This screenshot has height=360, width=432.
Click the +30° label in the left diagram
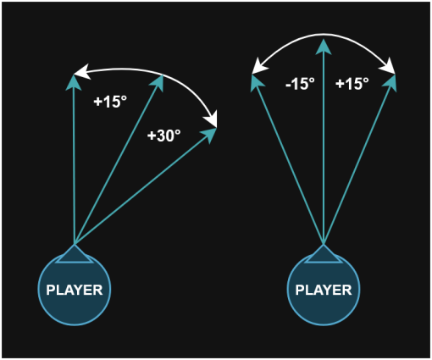tap(163, 136)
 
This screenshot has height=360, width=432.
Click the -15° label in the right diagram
tap(300, 84)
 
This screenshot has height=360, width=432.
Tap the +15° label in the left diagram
tap(110, 102)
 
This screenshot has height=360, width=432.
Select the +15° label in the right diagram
tap(352, 84)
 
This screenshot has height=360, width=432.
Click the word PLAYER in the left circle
tap(75, 290)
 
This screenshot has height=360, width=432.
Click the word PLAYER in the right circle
tap(324, 290)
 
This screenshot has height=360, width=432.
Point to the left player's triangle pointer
tap(75, 255)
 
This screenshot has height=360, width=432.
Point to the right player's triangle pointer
tap(324, 255)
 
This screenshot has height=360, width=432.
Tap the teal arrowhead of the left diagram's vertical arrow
tap(74, 83)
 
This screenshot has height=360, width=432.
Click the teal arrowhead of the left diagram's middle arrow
tap(158, 82)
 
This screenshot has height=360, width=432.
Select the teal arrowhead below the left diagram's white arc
tap(209, 135)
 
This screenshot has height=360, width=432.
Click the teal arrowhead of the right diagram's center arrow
tap(324, 47)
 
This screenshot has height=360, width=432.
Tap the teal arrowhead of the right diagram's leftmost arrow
tap(257, 82)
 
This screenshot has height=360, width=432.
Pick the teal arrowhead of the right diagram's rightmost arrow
tap(390, 82)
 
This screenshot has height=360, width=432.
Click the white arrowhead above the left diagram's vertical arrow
tap(82, 71)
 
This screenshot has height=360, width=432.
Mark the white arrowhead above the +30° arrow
tap(212, 119)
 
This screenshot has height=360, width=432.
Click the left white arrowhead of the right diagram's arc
tap(259, 66)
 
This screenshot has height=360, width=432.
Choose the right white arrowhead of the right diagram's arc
tap(388, 66)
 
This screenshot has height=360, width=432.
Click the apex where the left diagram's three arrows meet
tap(75, 245)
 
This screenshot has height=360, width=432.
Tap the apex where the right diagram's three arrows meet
tap(324, 245)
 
